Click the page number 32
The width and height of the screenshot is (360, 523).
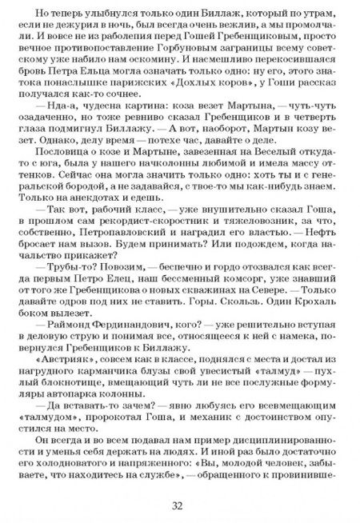point(180,505)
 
